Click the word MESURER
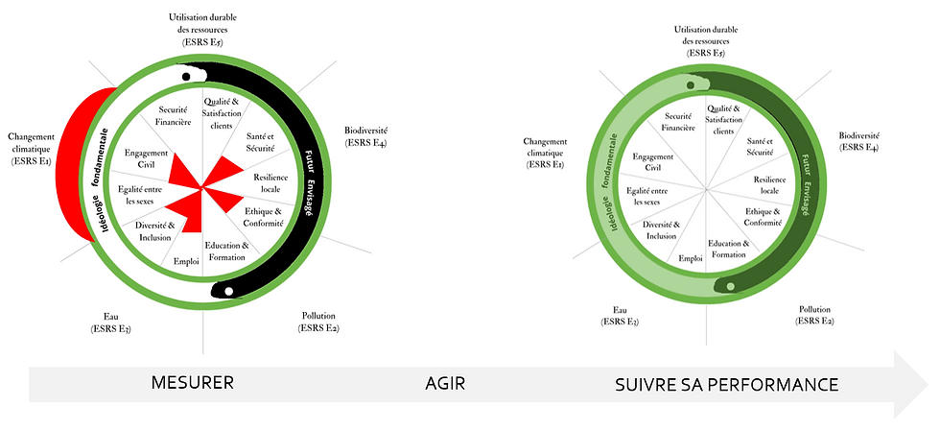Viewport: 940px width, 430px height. tap(193, 384)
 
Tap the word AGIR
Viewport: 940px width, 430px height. tap(445, 384)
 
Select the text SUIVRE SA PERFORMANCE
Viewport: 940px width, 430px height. tap(726, 384)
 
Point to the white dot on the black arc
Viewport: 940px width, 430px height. tap(227, 291)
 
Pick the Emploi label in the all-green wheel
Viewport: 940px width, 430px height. tap(691, 258)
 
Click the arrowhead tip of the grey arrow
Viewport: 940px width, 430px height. tap(926, 384)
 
